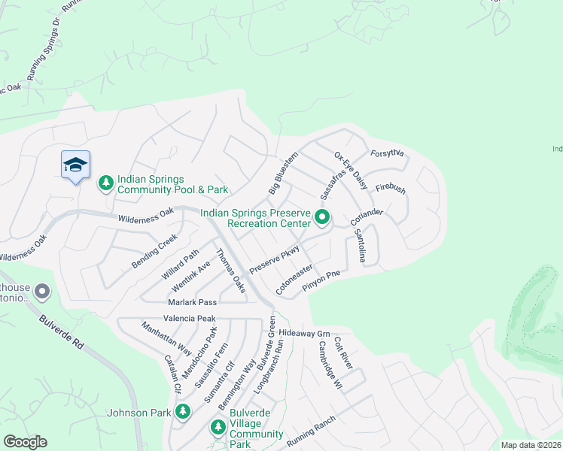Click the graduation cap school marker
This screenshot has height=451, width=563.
[x=75, y=165]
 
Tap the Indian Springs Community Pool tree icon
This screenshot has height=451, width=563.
[x=106, y=183]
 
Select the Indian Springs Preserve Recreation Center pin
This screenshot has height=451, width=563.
[x=323, y=219]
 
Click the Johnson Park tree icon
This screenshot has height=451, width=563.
[x=182, y=411]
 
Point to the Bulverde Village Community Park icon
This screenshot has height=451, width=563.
[x=218, y=427]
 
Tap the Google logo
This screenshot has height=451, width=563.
[x=25, y=442]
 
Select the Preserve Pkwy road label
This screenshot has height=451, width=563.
[x=275, y=259]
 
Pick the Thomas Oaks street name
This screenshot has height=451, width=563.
[x=231, y=271]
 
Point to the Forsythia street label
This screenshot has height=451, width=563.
[x=388, y=153]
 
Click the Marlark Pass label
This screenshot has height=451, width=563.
[x=191, y=302]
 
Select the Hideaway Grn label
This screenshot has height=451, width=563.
[x=304, y=332]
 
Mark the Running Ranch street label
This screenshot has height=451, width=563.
[x=310, y=434]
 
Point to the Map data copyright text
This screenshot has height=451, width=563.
[x=531, y=445]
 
